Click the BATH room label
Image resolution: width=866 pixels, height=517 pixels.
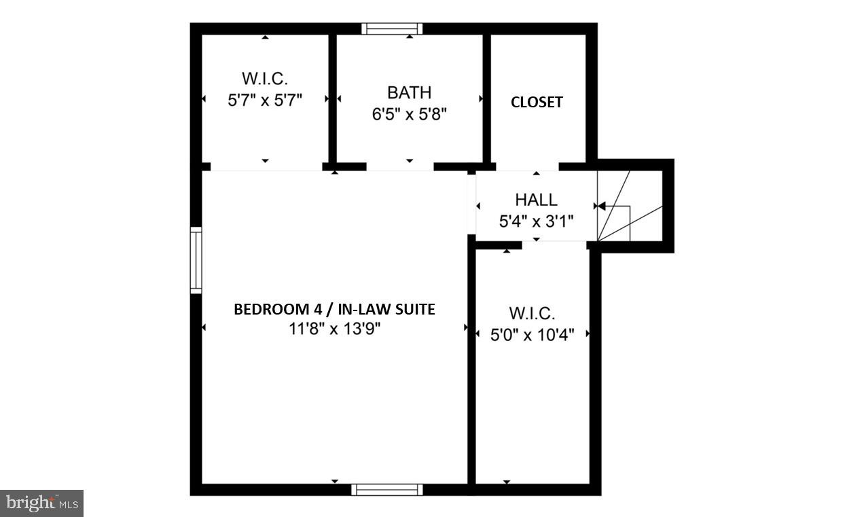(x=409, y=92)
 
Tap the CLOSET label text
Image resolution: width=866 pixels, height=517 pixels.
(x=537, y=102)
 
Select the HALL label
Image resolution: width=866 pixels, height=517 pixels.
(x=536, y=200)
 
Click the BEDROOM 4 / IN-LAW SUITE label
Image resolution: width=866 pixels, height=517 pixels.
(x=334, y=310)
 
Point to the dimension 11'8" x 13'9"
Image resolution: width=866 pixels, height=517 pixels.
(x=334, y=329)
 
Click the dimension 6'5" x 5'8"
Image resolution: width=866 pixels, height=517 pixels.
(x=409, y=114)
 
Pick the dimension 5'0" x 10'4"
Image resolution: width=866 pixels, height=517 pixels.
(x=533, y=334)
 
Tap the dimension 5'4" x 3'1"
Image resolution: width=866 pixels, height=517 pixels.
(x=536, y=221)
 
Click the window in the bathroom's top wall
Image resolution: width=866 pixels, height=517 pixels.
(x=392, y=29)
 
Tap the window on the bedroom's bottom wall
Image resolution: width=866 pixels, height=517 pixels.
(x=387, y=489)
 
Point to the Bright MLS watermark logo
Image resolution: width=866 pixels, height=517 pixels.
(x=41, y=503)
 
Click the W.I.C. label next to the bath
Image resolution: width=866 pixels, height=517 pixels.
(x=265, y=77)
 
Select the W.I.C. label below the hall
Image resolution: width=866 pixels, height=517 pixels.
(x=533, y=314)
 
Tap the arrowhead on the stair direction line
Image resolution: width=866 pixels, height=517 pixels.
(x=599, y=206)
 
